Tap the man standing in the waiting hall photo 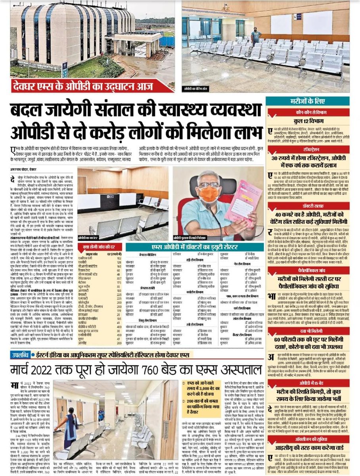[256, 36]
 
